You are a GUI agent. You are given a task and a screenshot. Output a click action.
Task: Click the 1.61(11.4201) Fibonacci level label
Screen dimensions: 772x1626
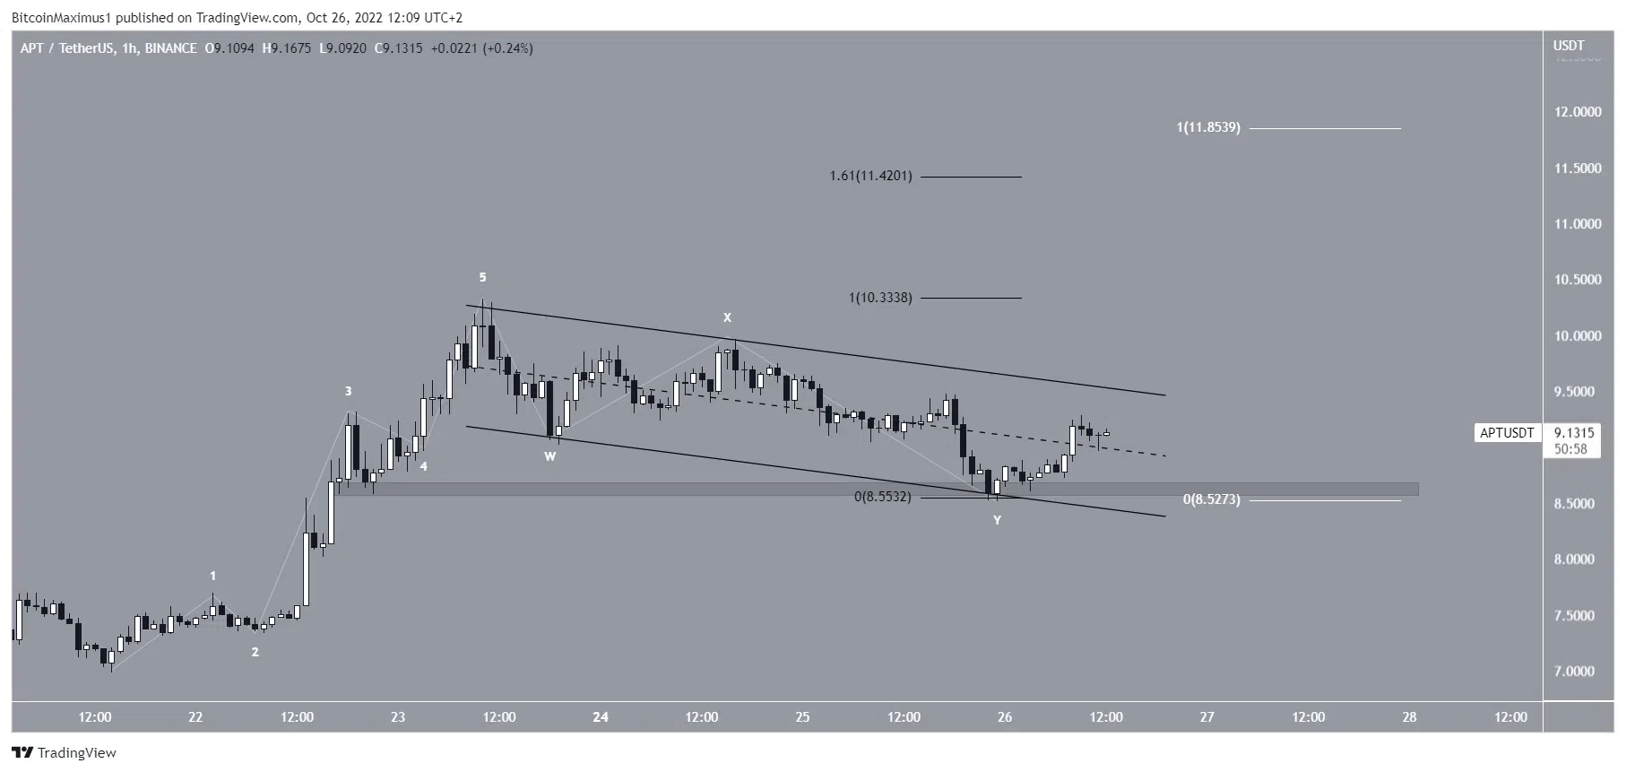870,176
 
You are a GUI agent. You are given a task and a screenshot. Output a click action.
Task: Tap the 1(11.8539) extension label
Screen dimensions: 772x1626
1208,127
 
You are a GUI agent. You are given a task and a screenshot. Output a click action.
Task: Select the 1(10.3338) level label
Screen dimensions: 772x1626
880,297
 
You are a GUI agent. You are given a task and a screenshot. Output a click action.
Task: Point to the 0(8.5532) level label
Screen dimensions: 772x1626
882,496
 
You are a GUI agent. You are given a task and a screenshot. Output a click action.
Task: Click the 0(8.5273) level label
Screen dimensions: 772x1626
1211,499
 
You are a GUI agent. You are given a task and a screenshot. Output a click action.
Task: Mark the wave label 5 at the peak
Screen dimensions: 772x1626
482,277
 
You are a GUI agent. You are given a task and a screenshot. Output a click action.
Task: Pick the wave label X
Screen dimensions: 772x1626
728,317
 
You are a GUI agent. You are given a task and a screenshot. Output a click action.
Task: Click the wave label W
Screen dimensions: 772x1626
550,456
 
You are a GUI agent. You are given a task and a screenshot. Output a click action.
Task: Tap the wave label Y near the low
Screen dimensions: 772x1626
997,520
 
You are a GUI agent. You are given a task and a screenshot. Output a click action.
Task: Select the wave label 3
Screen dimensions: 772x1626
348,391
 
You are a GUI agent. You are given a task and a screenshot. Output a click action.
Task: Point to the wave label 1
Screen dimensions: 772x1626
212,576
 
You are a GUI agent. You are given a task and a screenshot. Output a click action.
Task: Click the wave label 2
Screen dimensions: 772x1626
255,652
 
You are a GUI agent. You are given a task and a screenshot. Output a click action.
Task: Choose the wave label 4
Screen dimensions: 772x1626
423,466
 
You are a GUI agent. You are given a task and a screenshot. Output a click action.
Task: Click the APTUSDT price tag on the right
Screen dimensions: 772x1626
1506,433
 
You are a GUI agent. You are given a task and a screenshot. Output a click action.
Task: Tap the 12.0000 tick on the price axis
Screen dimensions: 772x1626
1578,112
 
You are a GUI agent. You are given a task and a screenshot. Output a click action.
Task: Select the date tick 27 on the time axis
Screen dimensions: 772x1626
1207,716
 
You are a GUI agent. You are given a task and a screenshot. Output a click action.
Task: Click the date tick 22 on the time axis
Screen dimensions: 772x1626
195,716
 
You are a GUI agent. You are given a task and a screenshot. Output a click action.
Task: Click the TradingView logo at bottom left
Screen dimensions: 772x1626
64,752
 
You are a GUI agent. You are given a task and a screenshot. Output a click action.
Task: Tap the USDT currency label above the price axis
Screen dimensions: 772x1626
1569,46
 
